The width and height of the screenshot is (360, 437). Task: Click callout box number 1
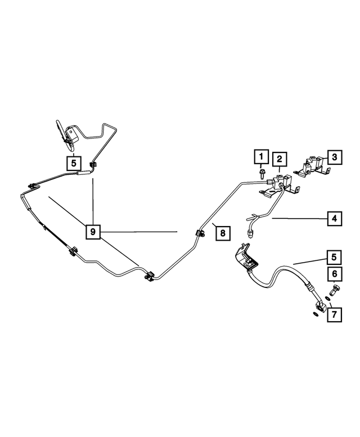pos(261,156)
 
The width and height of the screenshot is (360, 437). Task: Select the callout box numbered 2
pos(279,159)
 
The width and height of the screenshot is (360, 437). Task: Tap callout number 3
pos(334,157)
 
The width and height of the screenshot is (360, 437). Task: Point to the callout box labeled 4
pos(334,218)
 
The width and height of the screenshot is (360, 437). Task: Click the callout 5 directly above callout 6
pos(334,257)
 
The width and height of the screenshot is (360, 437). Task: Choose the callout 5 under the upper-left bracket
pos(73,163)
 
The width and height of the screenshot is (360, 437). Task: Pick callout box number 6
pos(334,274)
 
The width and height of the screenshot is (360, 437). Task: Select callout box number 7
pos(334,314)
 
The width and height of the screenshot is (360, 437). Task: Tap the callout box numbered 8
pos(222,233)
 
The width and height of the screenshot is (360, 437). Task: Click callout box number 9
pos(93,231)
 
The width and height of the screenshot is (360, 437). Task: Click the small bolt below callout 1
pos(262,174)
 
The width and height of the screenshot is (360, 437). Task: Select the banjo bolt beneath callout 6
pos(334,290)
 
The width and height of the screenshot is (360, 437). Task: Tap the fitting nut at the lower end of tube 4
pos(251,233)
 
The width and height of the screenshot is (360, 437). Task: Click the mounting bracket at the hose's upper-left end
pos(246,257)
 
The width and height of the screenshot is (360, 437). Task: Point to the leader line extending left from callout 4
pos(300,219)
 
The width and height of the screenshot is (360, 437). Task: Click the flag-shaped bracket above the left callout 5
pos(66,134)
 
